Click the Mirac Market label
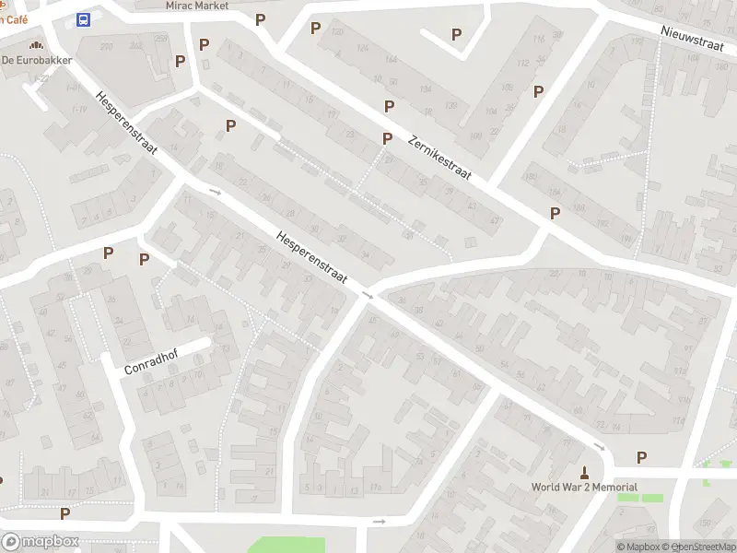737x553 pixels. (x=197, y=6)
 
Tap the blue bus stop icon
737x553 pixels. (x=84, y=20)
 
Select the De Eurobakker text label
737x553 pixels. (x=37, y=61)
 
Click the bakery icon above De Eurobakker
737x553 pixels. (x=36, y=44)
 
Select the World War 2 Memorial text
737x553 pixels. (x=584, y=488)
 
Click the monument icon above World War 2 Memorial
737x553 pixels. (x=583, y=471)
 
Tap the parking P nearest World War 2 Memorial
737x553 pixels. (x=642, y=457)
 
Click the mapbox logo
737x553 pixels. (x=40, y=542)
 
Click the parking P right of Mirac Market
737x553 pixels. (x=261, y=19)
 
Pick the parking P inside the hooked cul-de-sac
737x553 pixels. (x=456, y=35)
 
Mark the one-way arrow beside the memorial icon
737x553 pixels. (x=599, y=448)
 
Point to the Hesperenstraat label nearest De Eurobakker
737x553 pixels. (x=126, y=122)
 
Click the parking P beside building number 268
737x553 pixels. (x=181, y=61)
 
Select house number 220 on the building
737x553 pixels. (x=108, y=47)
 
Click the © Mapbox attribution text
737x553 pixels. (x=638, y=547)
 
